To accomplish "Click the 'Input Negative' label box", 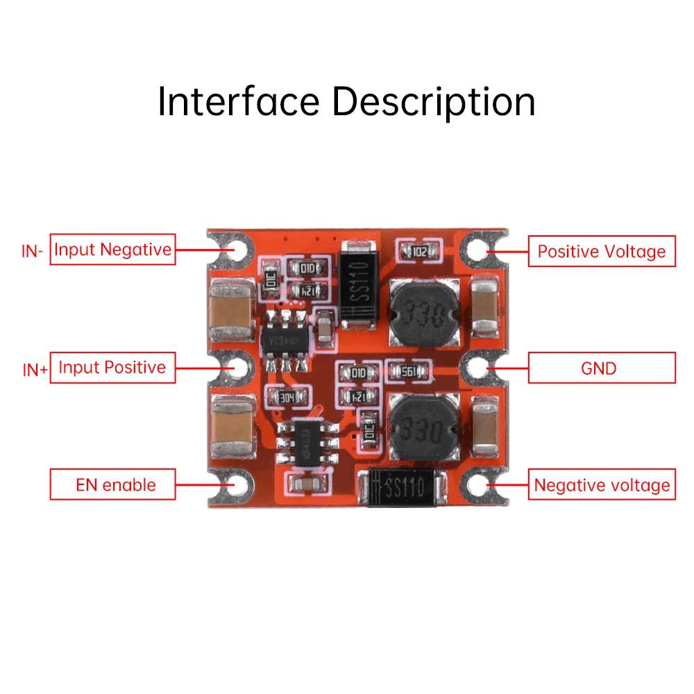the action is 112,250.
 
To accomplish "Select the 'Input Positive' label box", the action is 112,367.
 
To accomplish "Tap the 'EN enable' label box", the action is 112,484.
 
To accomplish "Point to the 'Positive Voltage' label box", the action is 602,251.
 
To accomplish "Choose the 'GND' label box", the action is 602,368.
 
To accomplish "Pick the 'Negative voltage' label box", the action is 602,484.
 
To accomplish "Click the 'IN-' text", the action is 33,251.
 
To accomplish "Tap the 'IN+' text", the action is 35,370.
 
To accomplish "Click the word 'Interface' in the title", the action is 238,101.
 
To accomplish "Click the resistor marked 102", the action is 418,251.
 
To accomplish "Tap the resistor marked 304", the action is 285,398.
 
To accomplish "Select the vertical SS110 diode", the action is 358,282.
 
